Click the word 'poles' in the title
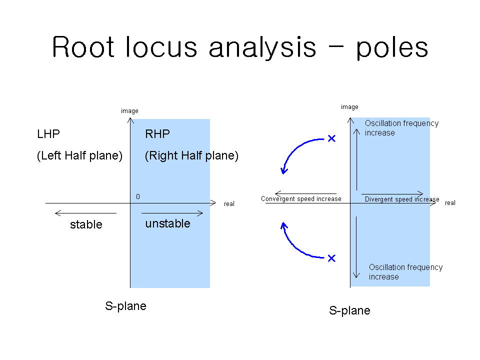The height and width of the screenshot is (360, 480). pyautogui.click(x=392, y=48)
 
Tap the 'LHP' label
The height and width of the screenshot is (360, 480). pyautogui.click(x=48, y=134)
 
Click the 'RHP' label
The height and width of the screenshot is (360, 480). pyautogui.click(x=157, y=134)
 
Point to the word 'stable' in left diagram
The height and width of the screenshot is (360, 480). pyautogui.click(x=86, y=224)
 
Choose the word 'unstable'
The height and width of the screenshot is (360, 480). pyautogui.click(x=168, y=223)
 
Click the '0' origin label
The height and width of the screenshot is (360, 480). pyautogui.click(x=138, y=196)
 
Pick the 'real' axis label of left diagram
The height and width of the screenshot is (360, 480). pyautogui.click(x=229, y=204)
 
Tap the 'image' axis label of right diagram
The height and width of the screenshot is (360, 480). pyautogui.click(x=349, y=107)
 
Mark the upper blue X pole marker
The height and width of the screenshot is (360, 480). pyautogui.click(x=331, y=138)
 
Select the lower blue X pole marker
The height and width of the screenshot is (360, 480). pyautogui.click(x=331, y=258)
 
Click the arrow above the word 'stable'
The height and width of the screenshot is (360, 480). pyautogui.click(x=85, y=213)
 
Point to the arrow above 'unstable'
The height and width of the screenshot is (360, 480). pyautogui.click(x=172, y=213)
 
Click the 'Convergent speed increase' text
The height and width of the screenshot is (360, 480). pyautogui.click(x=301, y=198)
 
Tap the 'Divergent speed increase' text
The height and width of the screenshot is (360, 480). pyautogui.click(x=402, y=199)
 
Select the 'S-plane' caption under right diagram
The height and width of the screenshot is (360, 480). pyautogui.click(x=349, y=310)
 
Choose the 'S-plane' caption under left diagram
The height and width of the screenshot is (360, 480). pyautogui.click(x=126, y=306)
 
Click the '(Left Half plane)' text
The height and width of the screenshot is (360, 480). pyautogui.click(x=79, y=155)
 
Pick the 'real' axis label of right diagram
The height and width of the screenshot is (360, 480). pyautogui.click(x=450, y=203)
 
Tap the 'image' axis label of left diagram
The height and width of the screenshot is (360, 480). pyautogui.click(x=129, y=111)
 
